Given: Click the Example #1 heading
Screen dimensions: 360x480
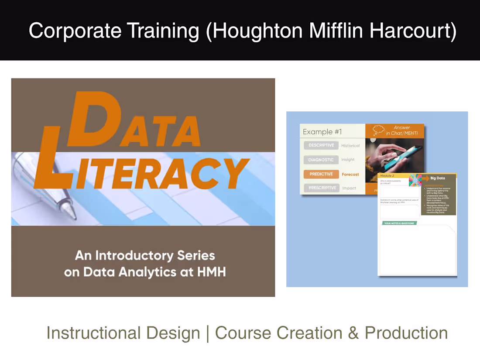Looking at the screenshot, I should click(x=322, y=132).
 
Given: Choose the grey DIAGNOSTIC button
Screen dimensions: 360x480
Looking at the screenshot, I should click(x=321, y=160).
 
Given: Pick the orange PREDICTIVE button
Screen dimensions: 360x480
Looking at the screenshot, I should click(x=321, y=174).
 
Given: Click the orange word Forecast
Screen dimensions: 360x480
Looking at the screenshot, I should click(x=350, y=174).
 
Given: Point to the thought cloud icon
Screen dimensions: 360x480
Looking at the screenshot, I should click(x=378, y=130).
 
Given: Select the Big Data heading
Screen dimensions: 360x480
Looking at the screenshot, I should click(x=438, y=178).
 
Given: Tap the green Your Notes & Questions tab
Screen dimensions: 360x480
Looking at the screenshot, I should click(x=399, y=223).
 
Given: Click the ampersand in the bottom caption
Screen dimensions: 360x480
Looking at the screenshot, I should click(x=353, y=333).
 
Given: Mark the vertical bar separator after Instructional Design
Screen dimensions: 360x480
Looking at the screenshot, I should click(x=208, y=333).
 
